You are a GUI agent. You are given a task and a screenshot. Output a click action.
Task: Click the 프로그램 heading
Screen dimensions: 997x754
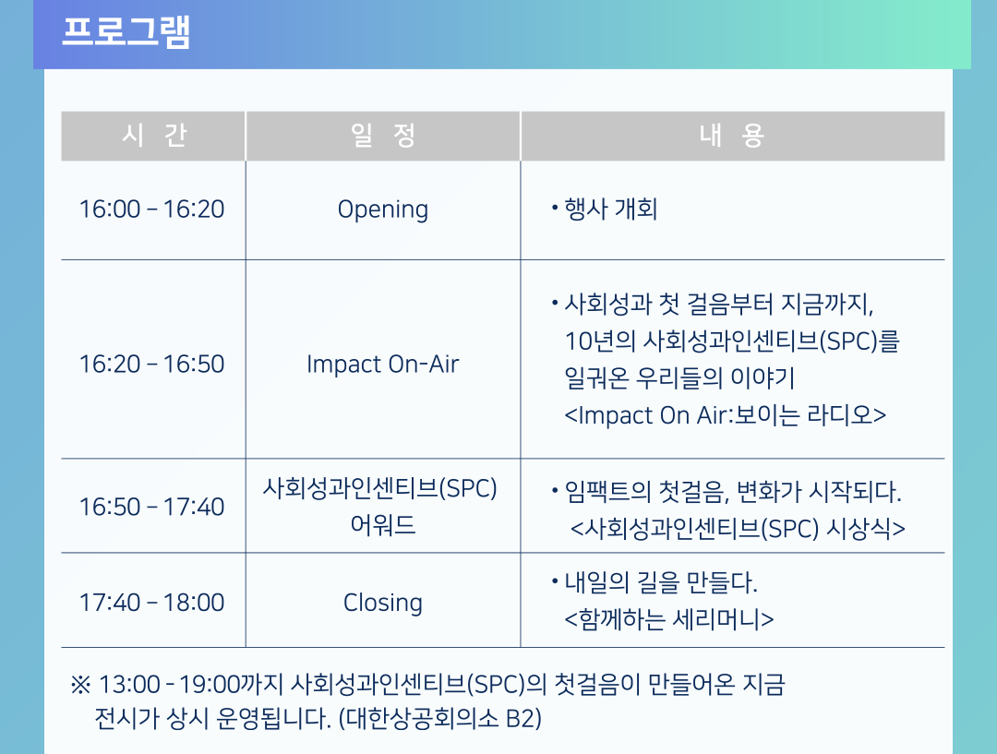click(126, 31)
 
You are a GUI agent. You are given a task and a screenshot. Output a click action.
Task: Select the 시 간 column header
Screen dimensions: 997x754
click(153, 136)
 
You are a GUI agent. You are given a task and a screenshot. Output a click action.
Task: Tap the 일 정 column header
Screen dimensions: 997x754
click(383, 136)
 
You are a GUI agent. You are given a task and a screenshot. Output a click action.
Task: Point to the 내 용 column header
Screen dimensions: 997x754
click(732, 136)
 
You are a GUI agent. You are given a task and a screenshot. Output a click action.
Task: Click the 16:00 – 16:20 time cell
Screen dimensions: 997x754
click(152, 209)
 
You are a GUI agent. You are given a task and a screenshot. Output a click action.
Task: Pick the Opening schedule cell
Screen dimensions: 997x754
click(383, 209)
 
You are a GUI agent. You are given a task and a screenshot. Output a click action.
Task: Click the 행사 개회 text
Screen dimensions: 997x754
click(610, 209)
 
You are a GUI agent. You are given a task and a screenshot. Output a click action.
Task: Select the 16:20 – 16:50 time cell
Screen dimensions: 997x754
click(152, 365)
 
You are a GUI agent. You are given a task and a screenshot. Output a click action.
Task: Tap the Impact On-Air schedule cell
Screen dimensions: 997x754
click(383, 365)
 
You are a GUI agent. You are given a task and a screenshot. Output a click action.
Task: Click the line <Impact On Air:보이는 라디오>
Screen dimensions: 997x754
click(725, 415)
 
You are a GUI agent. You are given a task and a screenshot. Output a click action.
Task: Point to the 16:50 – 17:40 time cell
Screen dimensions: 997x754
click(152, 508)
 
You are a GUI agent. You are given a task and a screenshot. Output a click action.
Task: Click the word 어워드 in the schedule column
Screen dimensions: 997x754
click(383, 525)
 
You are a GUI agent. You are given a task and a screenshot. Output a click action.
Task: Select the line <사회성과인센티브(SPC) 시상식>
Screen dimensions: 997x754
click(738, 529)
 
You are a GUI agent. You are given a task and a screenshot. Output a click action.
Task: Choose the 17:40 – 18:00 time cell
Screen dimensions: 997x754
click(152, 603)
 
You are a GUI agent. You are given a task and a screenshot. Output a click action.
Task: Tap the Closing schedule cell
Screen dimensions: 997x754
click(383, 603)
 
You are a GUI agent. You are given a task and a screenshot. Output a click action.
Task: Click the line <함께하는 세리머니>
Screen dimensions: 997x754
click(669, 619)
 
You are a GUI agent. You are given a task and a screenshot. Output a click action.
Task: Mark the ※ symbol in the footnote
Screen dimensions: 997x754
click(80, 686)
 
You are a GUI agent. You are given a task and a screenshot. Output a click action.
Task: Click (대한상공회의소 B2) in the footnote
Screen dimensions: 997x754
click(440, 719)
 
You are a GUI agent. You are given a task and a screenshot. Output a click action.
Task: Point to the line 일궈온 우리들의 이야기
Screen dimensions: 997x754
click(679, 378)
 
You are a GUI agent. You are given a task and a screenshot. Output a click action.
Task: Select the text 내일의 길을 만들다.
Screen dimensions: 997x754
click(661, 582)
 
